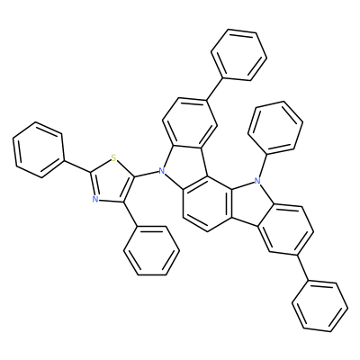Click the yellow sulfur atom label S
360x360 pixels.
(112, 157)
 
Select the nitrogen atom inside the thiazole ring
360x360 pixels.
(95, 199)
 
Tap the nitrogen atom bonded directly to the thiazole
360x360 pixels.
(162, 171)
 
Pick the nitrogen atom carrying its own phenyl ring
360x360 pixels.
(256, 181)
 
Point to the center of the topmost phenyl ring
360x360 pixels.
(239, 55)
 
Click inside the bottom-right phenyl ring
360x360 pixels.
(320, 306)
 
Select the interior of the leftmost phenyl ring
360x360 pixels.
(39, 149)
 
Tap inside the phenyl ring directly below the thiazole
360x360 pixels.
(152, 250)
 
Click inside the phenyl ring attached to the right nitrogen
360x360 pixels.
(275, 128)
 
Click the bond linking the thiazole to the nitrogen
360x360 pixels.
(146, 175)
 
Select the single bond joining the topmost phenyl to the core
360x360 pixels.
(214, 89)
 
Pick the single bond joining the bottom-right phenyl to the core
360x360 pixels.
(304, 268)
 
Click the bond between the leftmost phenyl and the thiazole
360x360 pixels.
(77, 166)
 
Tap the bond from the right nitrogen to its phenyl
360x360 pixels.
(263, 164)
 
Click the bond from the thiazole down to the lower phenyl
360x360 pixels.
(130, 214)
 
